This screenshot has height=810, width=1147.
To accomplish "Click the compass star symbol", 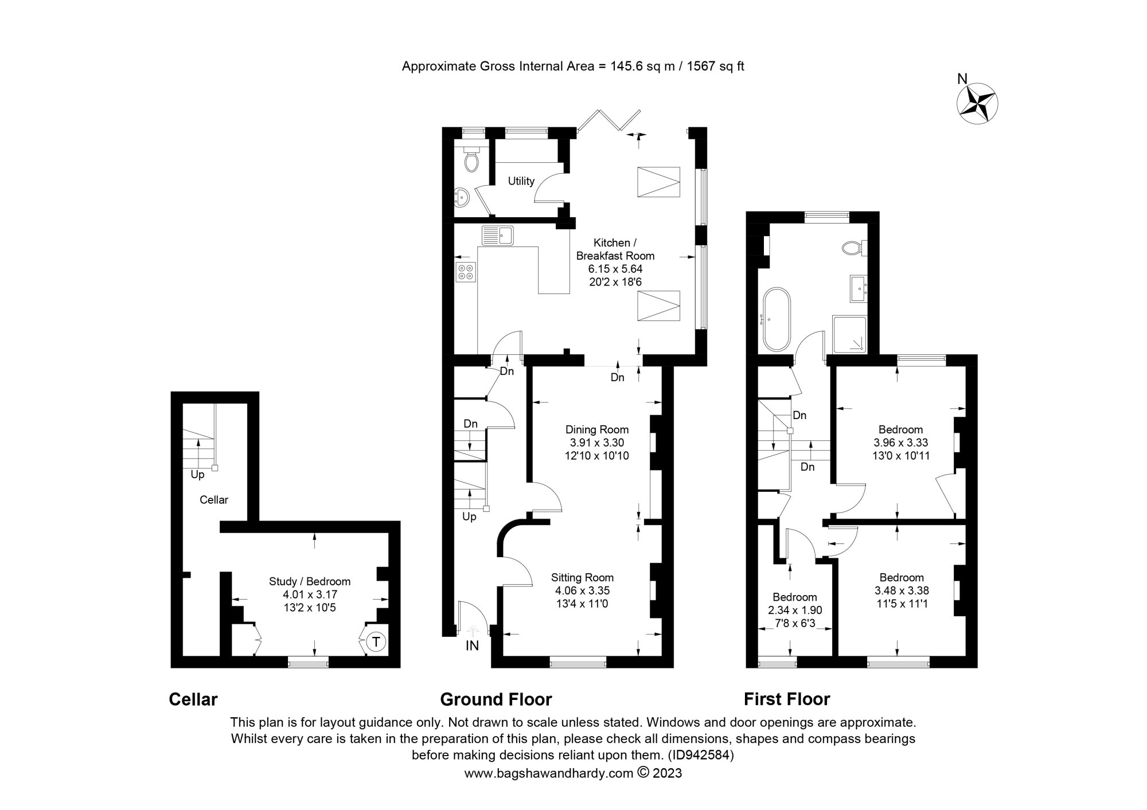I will click(977, 104).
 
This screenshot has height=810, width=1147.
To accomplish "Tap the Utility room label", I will click(521, 181).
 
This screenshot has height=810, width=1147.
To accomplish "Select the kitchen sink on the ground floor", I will click(498, 236).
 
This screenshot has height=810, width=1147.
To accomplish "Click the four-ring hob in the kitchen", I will click(466, 272).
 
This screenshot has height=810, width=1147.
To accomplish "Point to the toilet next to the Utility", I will click(471, 161).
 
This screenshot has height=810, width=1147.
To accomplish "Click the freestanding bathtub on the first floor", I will click(777, 320).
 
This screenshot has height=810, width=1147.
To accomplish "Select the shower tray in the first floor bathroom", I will click(849, 334).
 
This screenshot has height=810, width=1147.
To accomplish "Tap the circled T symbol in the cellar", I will click(376, 641).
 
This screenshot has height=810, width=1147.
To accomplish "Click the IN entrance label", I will click(472, 646).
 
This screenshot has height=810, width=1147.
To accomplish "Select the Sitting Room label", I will click(582, 577).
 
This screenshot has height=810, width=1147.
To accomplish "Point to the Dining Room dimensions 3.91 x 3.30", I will click(596, 443).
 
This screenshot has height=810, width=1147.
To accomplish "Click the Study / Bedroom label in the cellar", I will click(310, 581).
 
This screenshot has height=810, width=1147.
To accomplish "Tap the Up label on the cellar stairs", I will click(197, 475).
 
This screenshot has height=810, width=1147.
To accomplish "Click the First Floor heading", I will click(786, 699).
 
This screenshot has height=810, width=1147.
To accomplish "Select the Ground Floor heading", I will click(496, 699).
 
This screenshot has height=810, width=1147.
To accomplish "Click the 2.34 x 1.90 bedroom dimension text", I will click(794, 611).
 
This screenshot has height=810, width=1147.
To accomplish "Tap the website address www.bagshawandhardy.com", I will click(548, 773).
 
